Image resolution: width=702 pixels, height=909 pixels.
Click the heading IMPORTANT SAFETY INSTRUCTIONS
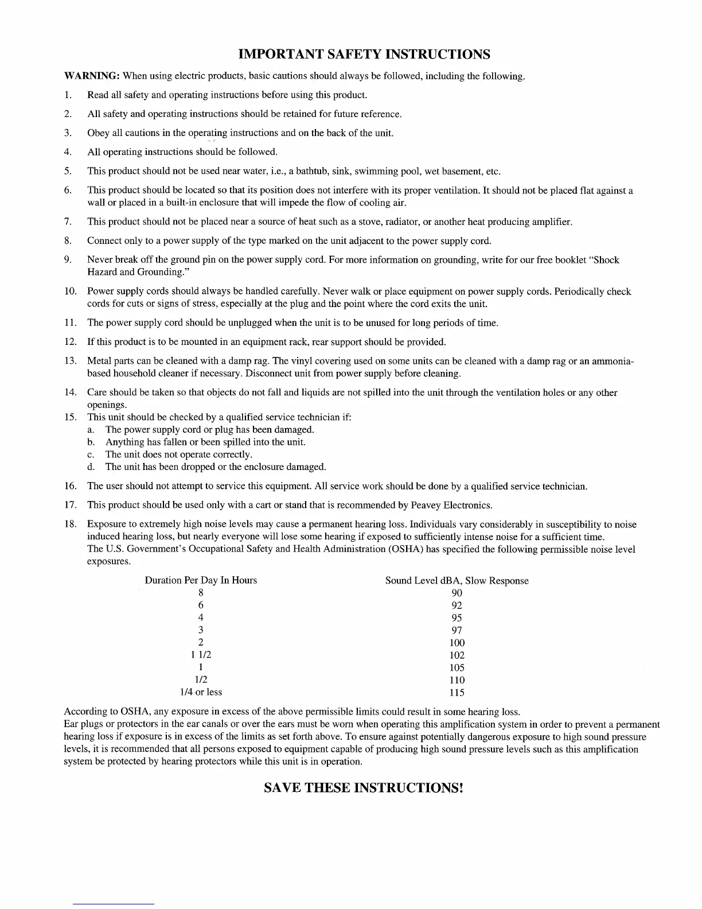tap(364, 55)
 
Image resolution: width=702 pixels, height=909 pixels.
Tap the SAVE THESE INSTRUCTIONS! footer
tap(363, 787)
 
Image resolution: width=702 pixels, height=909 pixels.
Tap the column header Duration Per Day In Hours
tap(201, 580)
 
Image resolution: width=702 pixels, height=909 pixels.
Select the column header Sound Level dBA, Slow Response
tap(457, 581)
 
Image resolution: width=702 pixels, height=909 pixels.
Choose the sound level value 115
tap(457, 693)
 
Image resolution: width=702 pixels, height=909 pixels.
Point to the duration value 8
tap(201, 593)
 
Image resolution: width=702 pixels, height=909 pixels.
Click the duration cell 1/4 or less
tap(201, 692)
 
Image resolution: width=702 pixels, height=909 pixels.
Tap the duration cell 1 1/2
tap(201, 655)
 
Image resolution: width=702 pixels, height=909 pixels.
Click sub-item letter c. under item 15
tap(91, 454)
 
